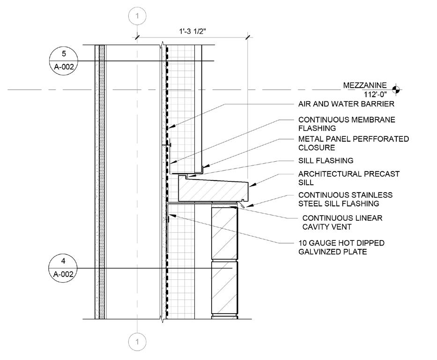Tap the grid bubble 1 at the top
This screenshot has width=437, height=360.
(137, 16)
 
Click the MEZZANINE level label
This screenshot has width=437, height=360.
(365, 85)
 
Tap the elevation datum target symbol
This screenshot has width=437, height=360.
(396, 88)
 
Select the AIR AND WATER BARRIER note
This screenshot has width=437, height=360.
(346, 104)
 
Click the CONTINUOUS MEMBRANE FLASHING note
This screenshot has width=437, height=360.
(347, 124)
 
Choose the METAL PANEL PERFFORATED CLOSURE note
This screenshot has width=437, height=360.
(353, 143)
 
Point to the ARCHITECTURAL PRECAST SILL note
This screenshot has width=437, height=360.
(348, 178)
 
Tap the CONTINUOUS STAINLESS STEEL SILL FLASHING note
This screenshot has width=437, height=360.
(345, 199)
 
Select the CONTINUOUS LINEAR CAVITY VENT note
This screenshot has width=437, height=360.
(342, 222)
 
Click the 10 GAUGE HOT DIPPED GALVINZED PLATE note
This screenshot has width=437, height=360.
(341, 247)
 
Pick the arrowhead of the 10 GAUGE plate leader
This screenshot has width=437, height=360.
(170, 215)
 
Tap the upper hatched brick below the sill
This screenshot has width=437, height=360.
(224, 232)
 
